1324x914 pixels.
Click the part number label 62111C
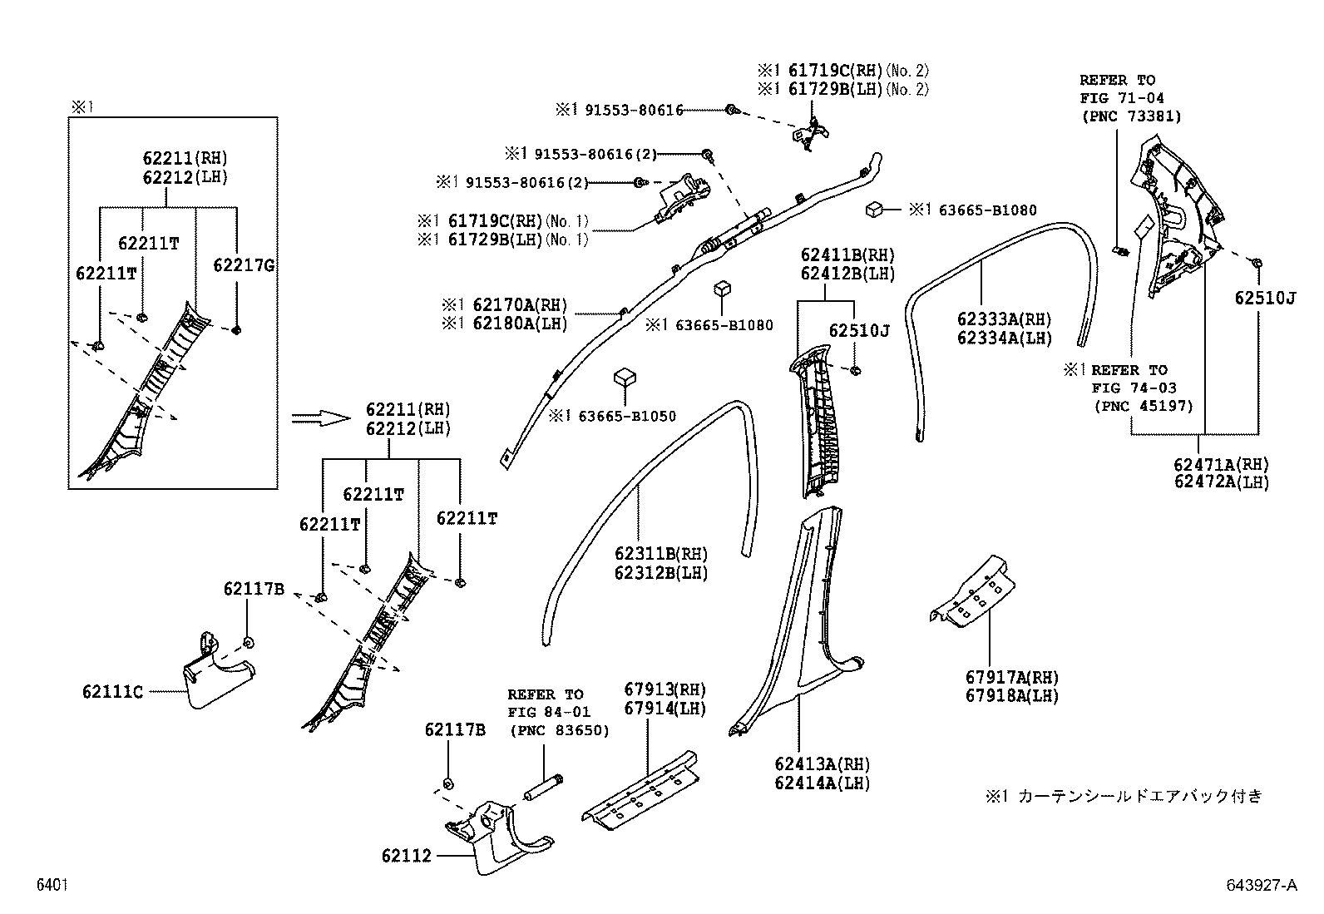pyautogui.click(x=112, y=692)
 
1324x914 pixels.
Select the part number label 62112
pyautogui.click(x=407, y=855)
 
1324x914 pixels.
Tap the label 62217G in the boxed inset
pyautogui.click(x=244, y=265)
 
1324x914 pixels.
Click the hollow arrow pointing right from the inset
pyautogui.click(x=322, y=418)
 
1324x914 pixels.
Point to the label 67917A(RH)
pyautogui.click(x=1012, y=678)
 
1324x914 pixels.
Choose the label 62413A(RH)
pyautogui.click(x=822, y=763)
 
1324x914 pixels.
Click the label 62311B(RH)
pyautogui.click(x=661, y=554)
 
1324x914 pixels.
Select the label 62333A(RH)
pyautogui.click(x=1004, y=319)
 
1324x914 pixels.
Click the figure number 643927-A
pyautogui.click(x=1260, y=886)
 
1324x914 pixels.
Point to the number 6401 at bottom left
pyautogui.click(x=52, y=886)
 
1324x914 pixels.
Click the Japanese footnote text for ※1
pyautogui.click(x=1124, y=796)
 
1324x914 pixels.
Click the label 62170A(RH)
pyautogui.click(x=505, y=305)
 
